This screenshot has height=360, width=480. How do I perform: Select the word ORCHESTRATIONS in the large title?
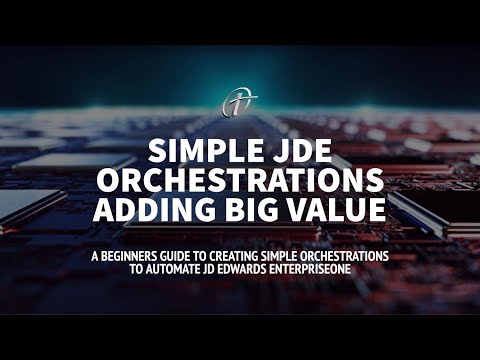point(240,181)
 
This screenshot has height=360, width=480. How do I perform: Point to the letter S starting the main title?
point(156,151)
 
